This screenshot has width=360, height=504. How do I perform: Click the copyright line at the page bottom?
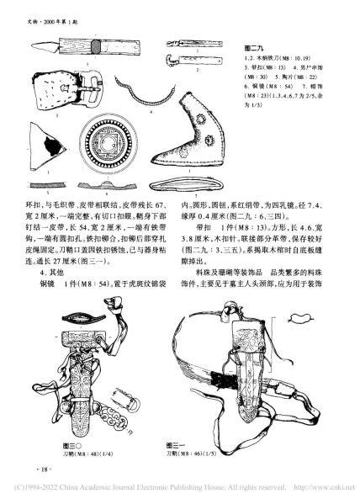(179, 496)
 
